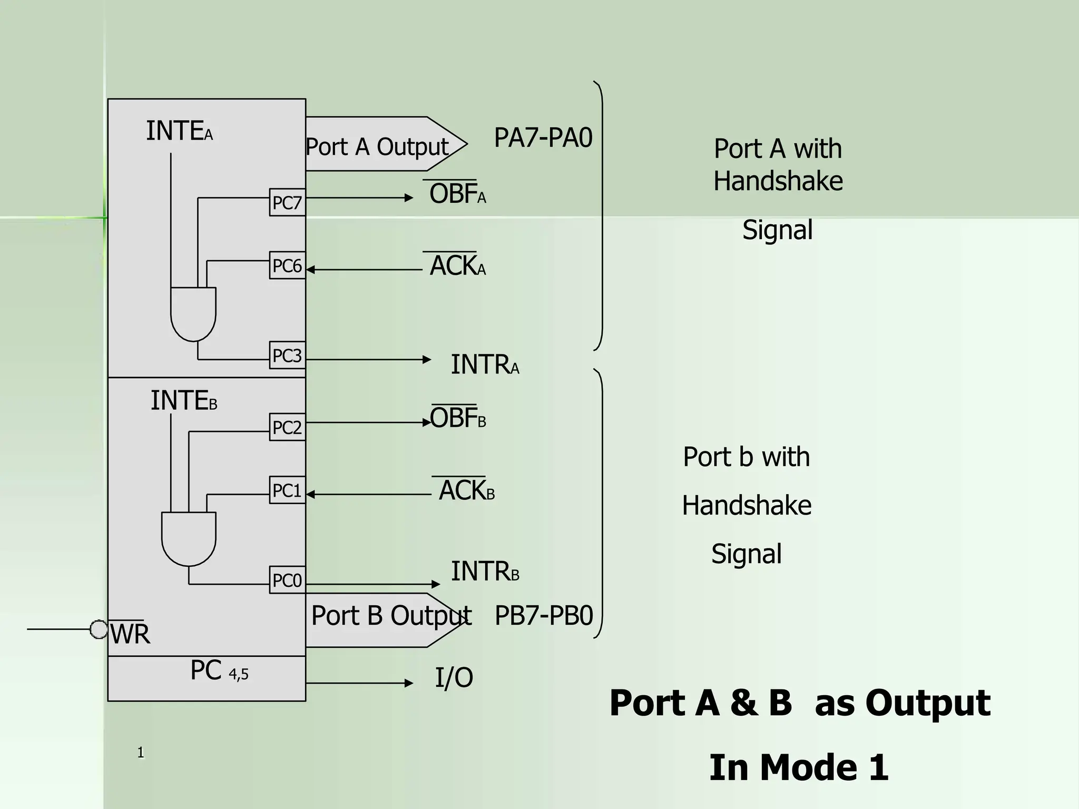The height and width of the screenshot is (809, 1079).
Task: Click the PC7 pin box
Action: click(x=287, y=202)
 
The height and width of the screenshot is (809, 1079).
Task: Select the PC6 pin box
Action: click(x=287, y=265)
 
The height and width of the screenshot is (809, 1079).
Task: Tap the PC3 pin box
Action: click(x=287, y=356)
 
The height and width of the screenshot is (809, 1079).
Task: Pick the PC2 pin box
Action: click(x=287, y=427)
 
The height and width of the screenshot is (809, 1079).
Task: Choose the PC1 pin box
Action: click(x=287, y=490)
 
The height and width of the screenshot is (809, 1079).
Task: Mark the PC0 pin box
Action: click(x=287, y=580)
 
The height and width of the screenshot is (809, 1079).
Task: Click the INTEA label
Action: click(x=179, y=131)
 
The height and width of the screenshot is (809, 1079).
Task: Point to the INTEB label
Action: click(x=183, y=401)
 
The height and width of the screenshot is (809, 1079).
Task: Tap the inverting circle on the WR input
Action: click(x=99, y=629)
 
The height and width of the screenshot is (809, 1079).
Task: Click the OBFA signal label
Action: click(x=457, y=193)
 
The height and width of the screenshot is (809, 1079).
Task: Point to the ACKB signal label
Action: click(x=466, y=490)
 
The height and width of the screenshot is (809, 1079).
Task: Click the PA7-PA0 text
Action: click(x=543, y=138)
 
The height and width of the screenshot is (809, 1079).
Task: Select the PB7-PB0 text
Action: click(x=544, y=615)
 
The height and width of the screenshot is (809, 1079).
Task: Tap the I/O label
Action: click(x=454, y=678)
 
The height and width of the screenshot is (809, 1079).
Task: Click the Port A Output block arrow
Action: click(x=385, y=144)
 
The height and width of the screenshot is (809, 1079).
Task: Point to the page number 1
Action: click(x=141, y=753)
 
